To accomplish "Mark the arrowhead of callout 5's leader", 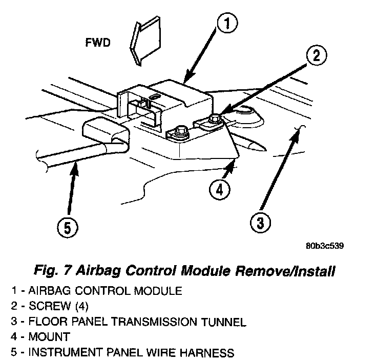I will point(76,164).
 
